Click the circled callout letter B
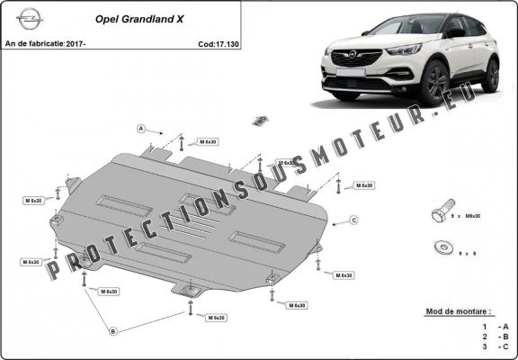(112, 331)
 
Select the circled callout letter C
(353, 220)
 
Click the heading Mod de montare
(457, 311)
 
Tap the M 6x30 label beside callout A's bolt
(207, 142)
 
